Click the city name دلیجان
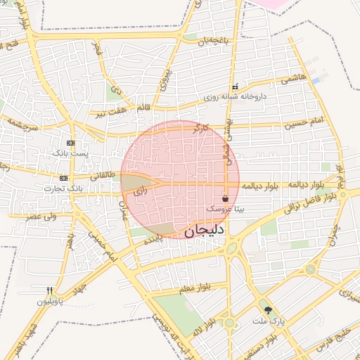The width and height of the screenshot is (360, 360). point(205,229)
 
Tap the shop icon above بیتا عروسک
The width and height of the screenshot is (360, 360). point(224,199)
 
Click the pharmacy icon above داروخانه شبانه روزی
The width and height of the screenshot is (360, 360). point(235,88)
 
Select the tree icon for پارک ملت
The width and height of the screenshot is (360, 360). point(267,310)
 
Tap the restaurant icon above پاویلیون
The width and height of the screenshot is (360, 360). point(49,290)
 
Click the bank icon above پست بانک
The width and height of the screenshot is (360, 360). point(70,143)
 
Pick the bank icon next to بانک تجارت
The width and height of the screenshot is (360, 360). point(64,178)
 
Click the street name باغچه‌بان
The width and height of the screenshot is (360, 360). point(213,41)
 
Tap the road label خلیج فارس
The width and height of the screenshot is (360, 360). point(334,337)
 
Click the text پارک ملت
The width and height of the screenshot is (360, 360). point(267,321)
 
